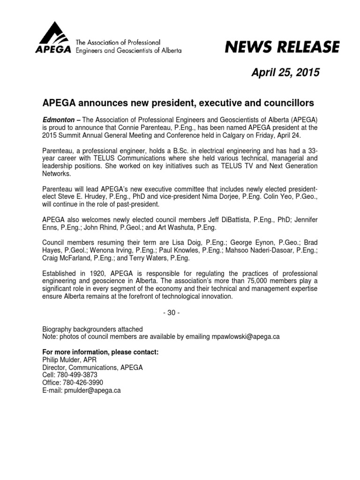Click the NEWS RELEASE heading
282,47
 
